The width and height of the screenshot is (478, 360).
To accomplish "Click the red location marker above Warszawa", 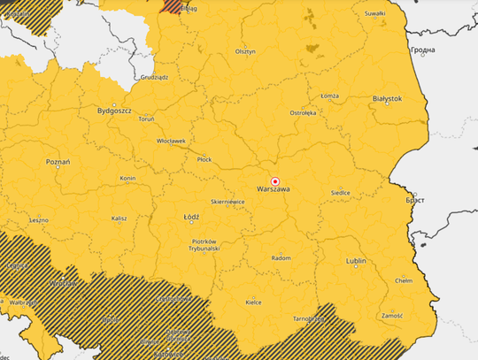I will click(275, 179).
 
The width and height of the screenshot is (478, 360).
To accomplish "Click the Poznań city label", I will click(58, 163).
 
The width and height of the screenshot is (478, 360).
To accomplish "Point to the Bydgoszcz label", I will click(114, 111).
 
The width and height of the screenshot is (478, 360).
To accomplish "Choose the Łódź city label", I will click(190, 216).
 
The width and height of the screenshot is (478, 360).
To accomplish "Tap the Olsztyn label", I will click(245, 51).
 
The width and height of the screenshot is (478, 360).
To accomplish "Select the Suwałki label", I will click(374, 14).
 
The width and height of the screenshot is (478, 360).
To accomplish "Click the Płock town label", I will click(204, 159).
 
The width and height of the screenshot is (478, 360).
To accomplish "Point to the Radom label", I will click(281, 257).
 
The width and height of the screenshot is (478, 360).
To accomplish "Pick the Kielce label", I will click(253, 302).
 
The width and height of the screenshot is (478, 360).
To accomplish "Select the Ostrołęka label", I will click(303, 113).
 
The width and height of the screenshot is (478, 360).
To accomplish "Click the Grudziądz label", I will click(154, 77).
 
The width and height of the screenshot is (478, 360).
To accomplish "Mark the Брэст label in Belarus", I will click(414, 200).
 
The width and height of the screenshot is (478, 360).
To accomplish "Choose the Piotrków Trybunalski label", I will click(204, 245).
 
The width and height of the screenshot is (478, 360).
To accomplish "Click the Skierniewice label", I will click(227, 202).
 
